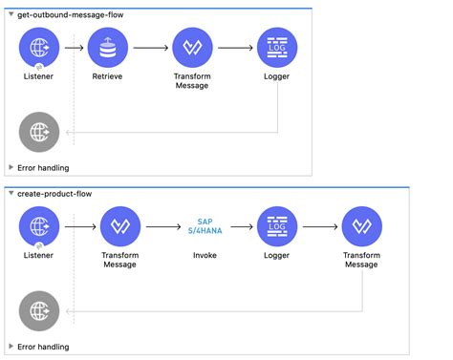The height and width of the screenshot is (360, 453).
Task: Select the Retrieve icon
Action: (107, 47)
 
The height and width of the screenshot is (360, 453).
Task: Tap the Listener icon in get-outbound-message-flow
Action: (39, 47)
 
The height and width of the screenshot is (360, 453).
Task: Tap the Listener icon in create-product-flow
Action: (39, 226)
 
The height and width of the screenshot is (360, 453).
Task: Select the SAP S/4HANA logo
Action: (204, 226)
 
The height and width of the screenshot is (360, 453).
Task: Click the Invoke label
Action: (204, 256)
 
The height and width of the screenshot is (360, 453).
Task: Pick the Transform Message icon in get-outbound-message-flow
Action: (192, 47)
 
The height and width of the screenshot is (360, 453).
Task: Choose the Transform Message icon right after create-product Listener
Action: (120, 226)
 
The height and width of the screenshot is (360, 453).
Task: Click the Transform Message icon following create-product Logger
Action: (362, 226)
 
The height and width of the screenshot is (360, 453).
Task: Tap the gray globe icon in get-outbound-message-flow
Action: (39, 130)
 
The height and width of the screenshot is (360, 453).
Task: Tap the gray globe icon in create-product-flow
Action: (39, 309)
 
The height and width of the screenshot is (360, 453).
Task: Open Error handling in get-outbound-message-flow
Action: (43, 167)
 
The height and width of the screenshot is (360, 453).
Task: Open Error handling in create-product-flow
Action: (43, 347)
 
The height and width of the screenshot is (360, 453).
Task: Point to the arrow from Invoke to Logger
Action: (241, 226)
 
